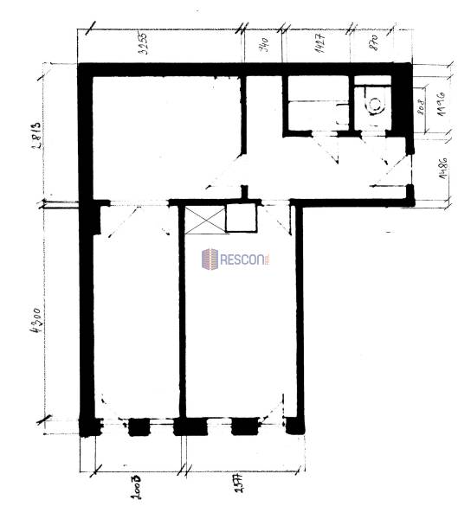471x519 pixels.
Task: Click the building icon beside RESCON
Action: point(210,258)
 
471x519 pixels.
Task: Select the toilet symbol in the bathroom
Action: point(376,105)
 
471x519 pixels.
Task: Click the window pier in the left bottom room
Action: point(139,426)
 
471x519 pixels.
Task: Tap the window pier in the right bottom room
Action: point(244,426)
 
